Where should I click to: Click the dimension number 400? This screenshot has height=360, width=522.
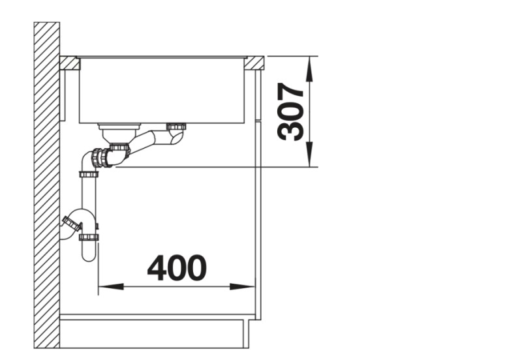click(177, 268)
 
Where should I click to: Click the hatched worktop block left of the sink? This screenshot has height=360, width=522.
click(69, 63)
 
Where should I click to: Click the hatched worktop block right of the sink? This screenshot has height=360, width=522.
click(254, 63)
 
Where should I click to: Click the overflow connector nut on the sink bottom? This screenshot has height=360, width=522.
click(176, 127)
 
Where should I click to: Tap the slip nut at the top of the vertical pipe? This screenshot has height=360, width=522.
click(89, 174)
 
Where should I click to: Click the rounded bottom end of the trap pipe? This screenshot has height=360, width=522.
click(89, 255)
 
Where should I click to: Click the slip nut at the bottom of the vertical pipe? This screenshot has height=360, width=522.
click(89, 237)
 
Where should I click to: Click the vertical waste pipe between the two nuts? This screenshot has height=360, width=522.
click(89, 202)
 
